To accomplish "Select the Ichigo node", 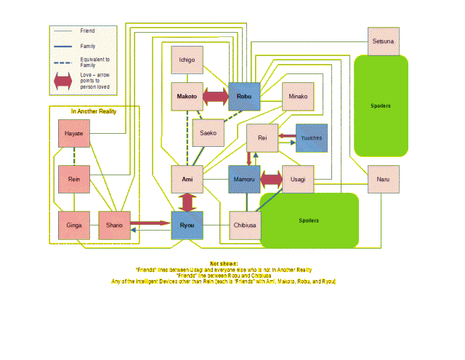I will pos(187,60).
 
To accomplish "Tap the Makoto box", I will pos(187,96).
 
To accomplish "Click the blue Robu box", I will pos(243,96).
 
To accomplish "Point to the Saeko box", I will pos(208,132).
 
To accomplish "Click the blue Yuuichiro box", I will pos(311,137).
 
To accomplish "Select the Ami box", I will pos(187,179).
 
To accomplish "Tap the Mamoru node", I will pos(243,179).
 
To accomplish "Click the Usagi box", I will pos(297,179).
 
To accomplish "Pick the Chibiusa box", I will pos(243,225).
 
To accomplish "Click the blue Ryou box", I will pos(187,225).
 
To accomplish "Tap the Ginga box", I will pos(73,225).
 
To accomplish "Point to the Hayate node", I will pos(73,134).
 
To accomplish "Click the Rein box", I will pos(73,179).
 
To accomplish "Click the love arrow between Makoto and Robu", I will pos(215,96).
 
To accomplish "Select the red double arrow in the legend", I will pos(64,84).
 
